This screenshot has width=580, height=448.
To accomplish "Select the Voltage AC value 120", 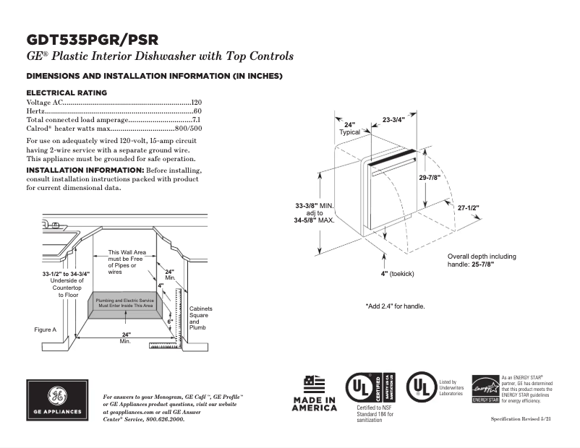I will click(196, 103).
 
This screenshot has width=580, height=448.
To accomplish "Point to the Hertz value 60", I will click(197, 111).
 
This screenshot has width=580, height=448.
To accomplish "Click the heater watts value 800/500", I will click(189, 128).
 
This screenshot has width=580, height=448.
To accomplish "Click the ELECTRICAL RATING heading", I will click(67, 92).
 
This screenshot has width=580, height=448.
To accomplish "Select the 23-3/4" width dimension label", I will click(393, 119).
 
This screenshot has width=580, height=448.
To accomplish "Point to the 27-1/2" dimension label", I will click(468, 207).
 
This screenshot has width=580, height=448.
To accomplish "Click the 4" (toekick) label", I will click(398, 274).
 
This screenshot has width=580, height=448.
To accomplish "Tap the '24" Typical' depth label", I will click(350, 129).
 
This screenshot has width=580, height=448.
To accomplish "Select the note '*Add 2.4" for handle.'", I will click(395, 306).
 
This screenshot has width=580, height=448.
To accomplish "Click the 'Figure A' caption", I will click(46, 329).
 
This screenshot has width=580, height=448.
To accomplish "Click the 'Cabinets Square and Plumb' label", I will click(199, 318).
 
